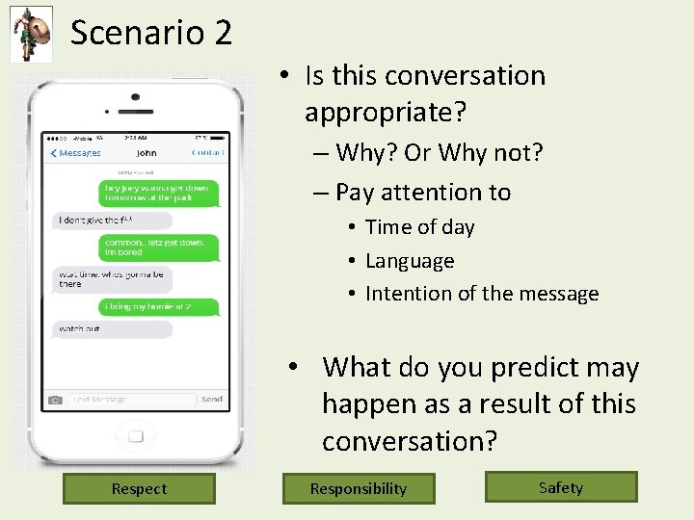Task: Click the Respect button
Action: (x=139, y=488)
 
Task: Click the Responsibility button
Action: (x=359, y=488)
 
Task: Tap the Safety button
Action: (x=561, y=487)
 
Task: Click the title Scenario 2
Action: (x=151, y=33)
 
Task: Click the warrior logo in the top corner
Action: (x=31, y=34)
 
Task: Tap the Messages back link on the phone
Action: (x=76, y=153)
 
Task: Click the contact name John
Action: (x=147, y=153)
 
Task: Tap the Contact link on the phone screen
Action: (x=207, y=153)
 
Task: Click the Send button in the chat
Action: (x=212, y=399)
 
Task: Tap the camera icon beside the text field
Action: (x=55, y=399)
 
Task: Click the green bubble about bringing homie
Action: (x=160, y=306)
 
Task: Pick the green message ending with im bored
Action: (x=159, y=247)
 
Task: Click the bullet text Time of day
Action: (x=420, y=227)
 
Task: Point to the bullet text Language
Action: (x=410, y=261)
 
